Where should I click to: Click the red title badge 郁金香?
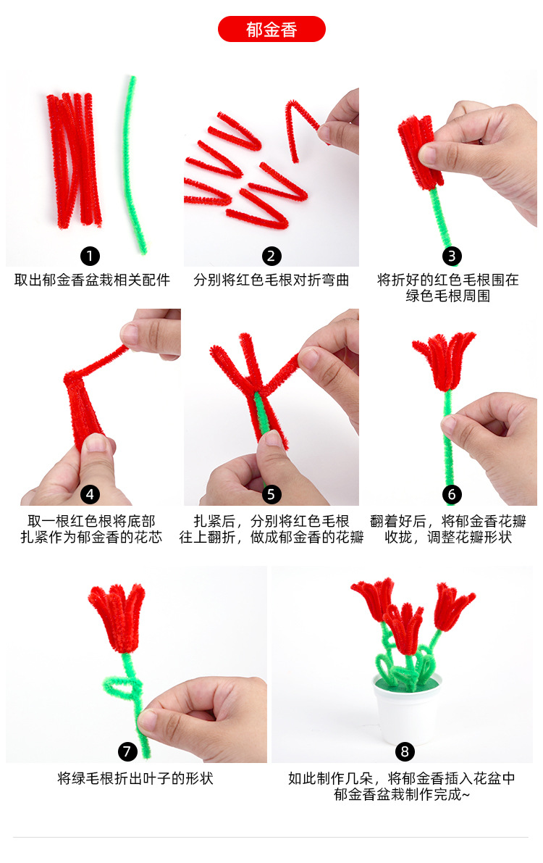click(x=271, y=30)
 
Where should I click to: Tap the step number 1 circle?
click(x=90, y=255)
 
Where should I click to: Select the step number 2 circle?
click(x=271, y=255)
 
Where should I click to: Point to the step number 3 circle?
click(x=452, y=255)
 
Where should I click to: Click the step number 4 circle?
click(x=90, y=494)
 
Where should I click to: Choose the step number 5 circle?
click(x=271, y=494)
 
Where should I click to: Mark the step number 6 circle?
click(x=452, y=494)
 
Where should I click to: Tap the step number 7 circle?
click(x=127, y=751)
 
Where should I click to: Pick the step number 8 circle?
click(x=405, y=751)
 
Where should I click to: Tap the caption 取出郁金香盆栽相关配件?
click(x=91, y=280)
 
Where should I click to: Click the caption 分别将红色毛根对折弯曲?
click(x=271, y=280)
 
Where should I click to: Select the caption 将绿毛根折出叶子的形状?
click(x=135, y=779)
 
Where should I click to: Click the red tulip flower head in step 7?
click(x=116, y=616)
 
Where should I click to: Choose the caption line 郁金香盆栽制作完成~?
click(x=402, y=795)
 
